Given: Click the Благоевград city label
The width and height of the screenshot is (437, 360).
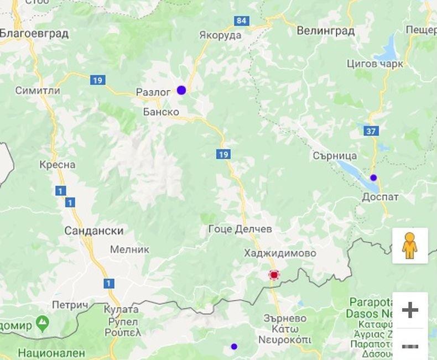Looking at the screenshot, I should (x=34, y=34).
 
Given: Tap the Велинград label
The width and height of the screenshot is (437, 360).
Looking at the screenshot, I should (x=325, y=31).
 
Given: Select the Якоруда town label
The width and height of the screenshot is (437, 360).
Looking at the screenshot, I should (x=220, y=35).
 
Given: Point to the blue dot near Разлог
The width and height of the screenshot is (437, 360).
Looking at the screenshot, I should (x=181, y=90).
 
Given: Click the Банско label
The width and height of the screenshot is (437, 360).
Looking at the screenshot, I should (x=161, y=112).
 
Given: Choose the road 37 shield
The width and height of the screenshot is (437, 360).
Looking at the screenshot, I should (x=372, y=131).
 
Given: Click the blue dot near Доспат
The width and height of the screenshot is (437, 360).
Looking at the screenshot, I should (x=373, y=178).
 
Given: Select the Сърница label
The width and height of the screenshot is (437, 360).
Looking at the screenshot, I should (x=335, y=156).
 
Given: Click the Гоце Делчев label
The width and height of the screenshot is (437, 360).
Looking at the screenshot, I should (x=240, y=229).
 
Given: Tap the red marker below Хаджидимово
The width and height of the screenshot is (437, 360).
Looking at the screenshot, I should (x=273, y=274).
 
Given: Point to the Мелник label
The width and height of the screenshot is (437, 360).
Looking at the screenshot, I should (x=129, y=249).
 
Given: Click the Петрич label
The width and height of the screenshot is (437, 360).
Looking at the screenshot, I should (x=70, y=305).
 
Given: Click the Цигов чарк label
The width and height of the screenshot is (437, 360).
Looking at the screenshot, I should (x=374, y=64).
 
